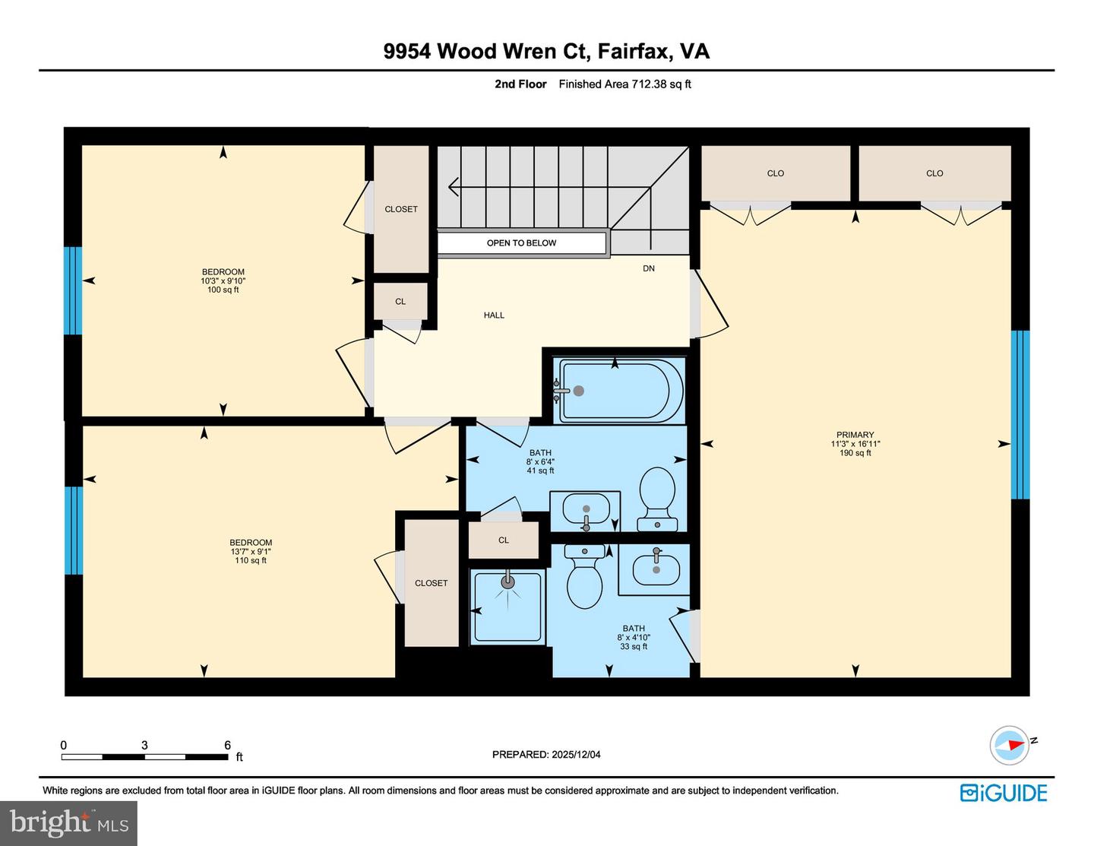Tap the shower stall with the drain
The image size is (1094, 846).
pos(507,607)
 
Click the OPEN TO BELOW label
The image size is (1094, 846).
pos(521,243)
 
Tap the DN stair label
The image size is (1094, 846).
pos(648,268)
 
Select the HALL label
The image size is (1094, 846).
pos(494,315)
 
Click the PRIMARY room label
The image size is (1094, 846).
pos(855,436)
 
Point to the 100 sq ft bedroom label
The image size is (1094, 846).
pos(223,280)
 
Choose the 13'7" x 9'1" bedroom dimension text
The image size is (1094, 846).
pos(251,552)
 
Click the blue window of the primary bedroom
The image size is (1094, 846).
pos(1020,414)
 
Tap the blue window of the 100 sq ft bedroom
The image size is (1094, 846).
pos(73,290)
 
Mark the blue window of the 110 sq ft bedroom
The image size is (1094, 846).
pos(73,530)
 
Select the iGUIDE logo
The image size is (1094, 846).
pos(1004,793)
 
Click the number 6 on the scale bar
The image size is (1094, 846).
pos(227,745)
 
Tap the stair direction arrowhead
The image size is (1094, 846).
pos(454,185)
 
